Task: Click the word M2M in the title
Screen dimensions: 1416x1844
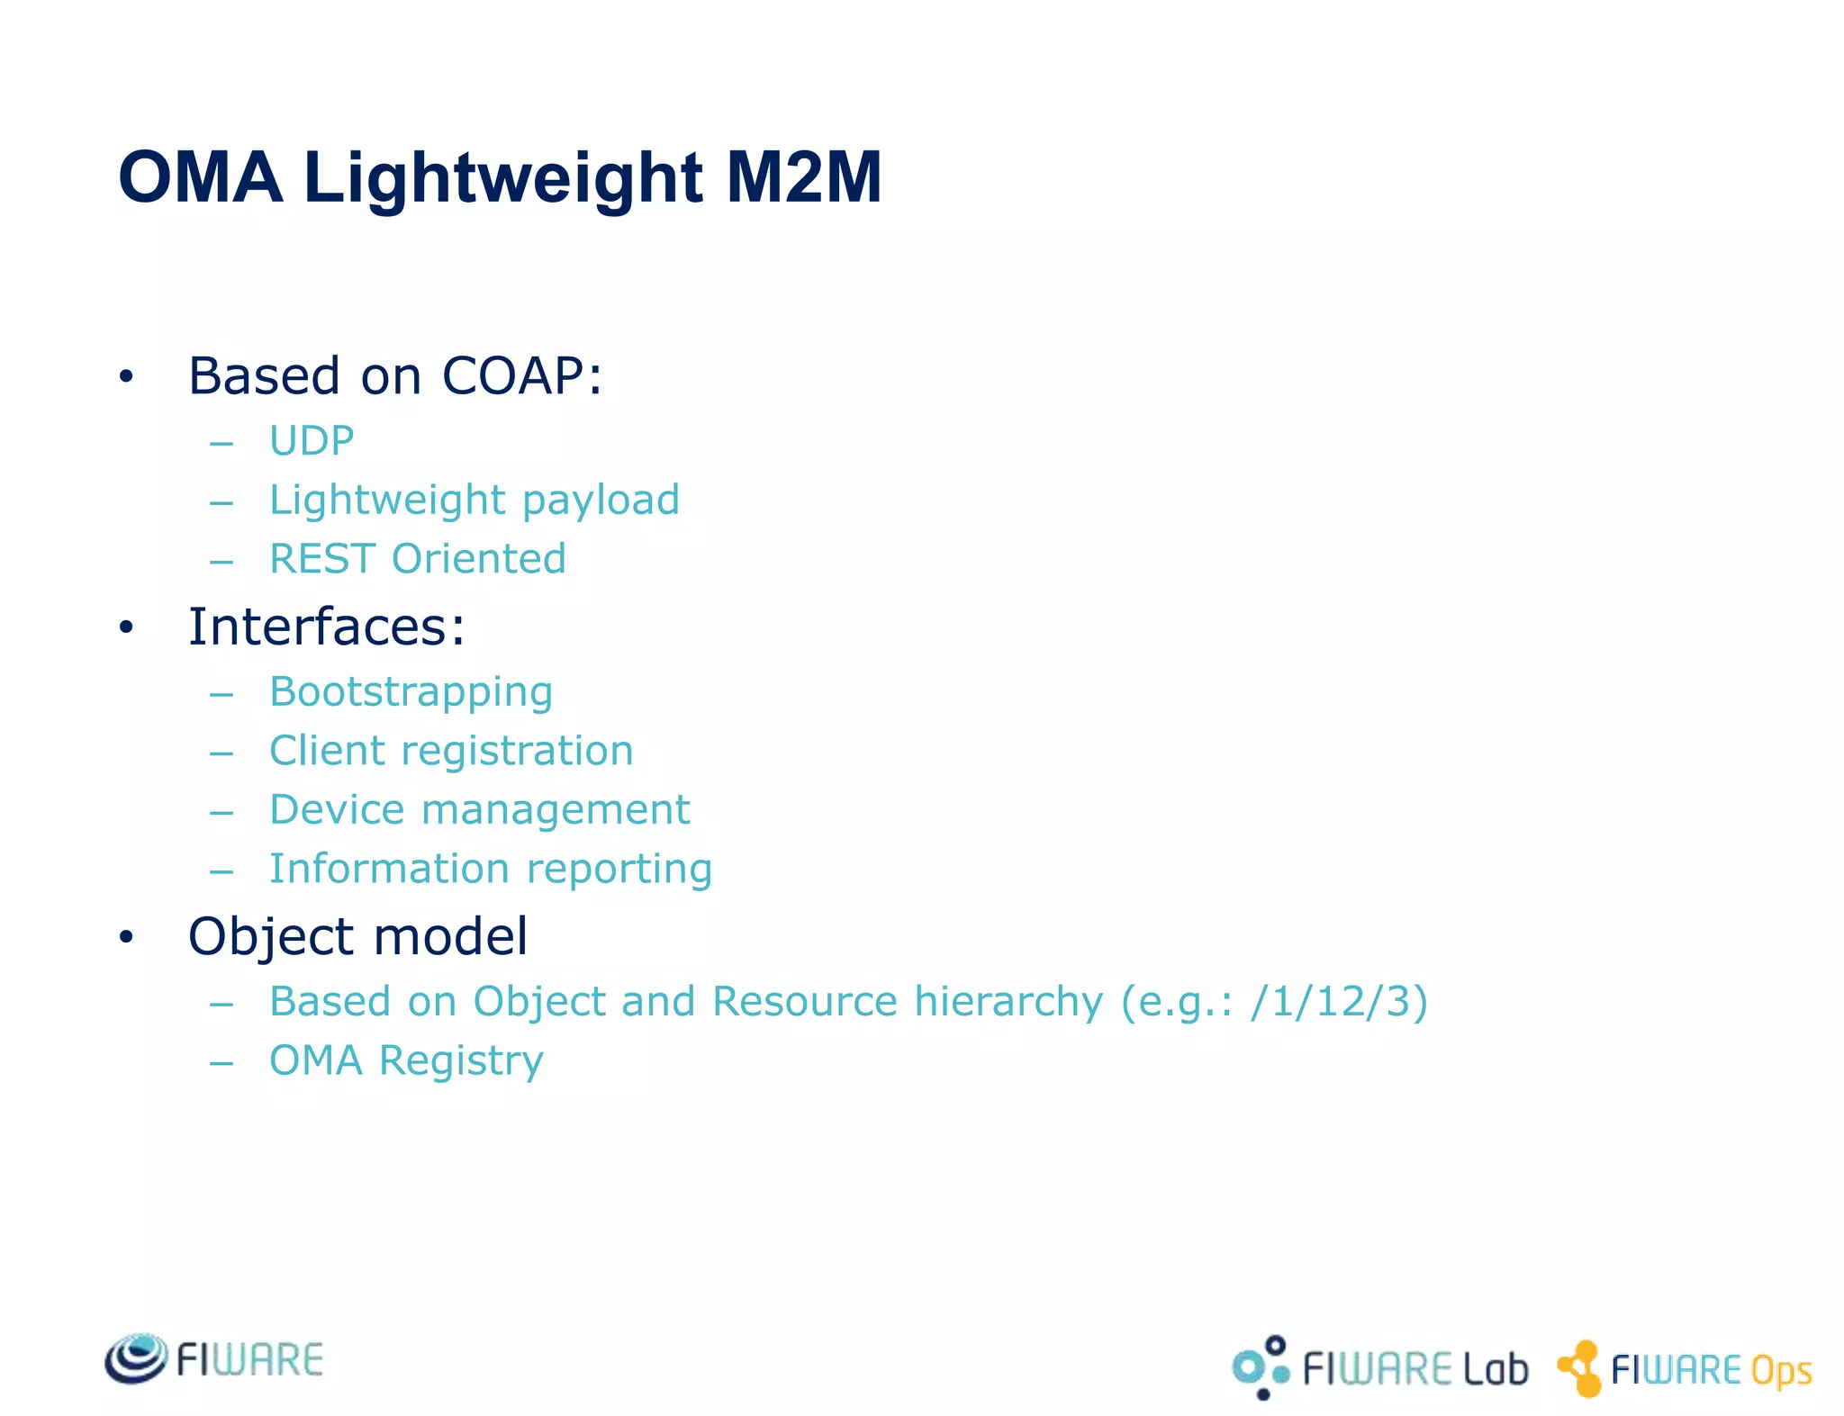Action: pyautogui.click(x=803, y=177)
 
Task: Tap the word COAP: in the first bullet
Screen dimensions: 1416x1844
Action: pyautogui.click(x=521, y=375)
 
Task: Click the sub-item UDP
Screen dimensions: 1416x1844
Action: pyautogui.click(x=312, y=441)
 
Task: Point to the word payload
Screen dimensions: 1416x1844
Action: pyautogui.click(x=601, y=501)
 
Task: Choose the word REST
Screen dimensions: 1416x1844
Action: pyautogui.click(x=322, y=559)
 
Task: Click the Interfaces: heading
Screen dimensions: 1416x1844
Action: pyautogui.click(x=327, y=627)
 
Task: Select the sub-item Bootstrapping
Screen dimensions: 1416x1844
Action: pyautogui.click(x=411, y=692)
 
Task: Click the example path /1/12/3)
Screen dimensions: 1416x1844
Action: pyautogui.click(x=1339, y=1002)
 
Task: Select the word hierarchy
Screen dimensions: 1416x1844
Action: pyautogui.click(x=1008, y=1002)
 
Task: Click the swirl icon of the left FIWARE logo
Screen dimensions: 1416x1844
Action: pyautogui.click(x=136, y=1358)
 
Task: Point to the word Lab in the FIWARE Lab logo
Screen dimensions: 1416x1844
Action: pyautogui.click(x=1496, y=1369)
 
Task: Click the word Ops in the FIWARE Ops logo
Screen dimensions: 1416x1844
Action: pyautogui.click(x=1781, y=1372)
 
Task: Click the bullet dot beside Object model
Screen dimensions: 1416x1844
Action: pyautogui.click(x=126, y=937)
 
